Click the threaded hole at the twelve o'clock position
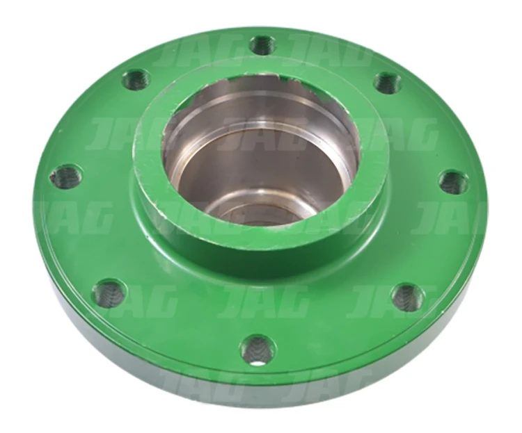tap(263, 45)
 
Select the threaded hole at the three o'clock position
tap(453, 182)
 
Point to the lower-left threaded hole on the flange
tap(109, 291)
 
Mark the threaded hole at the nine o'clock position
tap(65, 177)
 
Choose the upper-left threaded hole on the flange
tap(136, 80)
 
